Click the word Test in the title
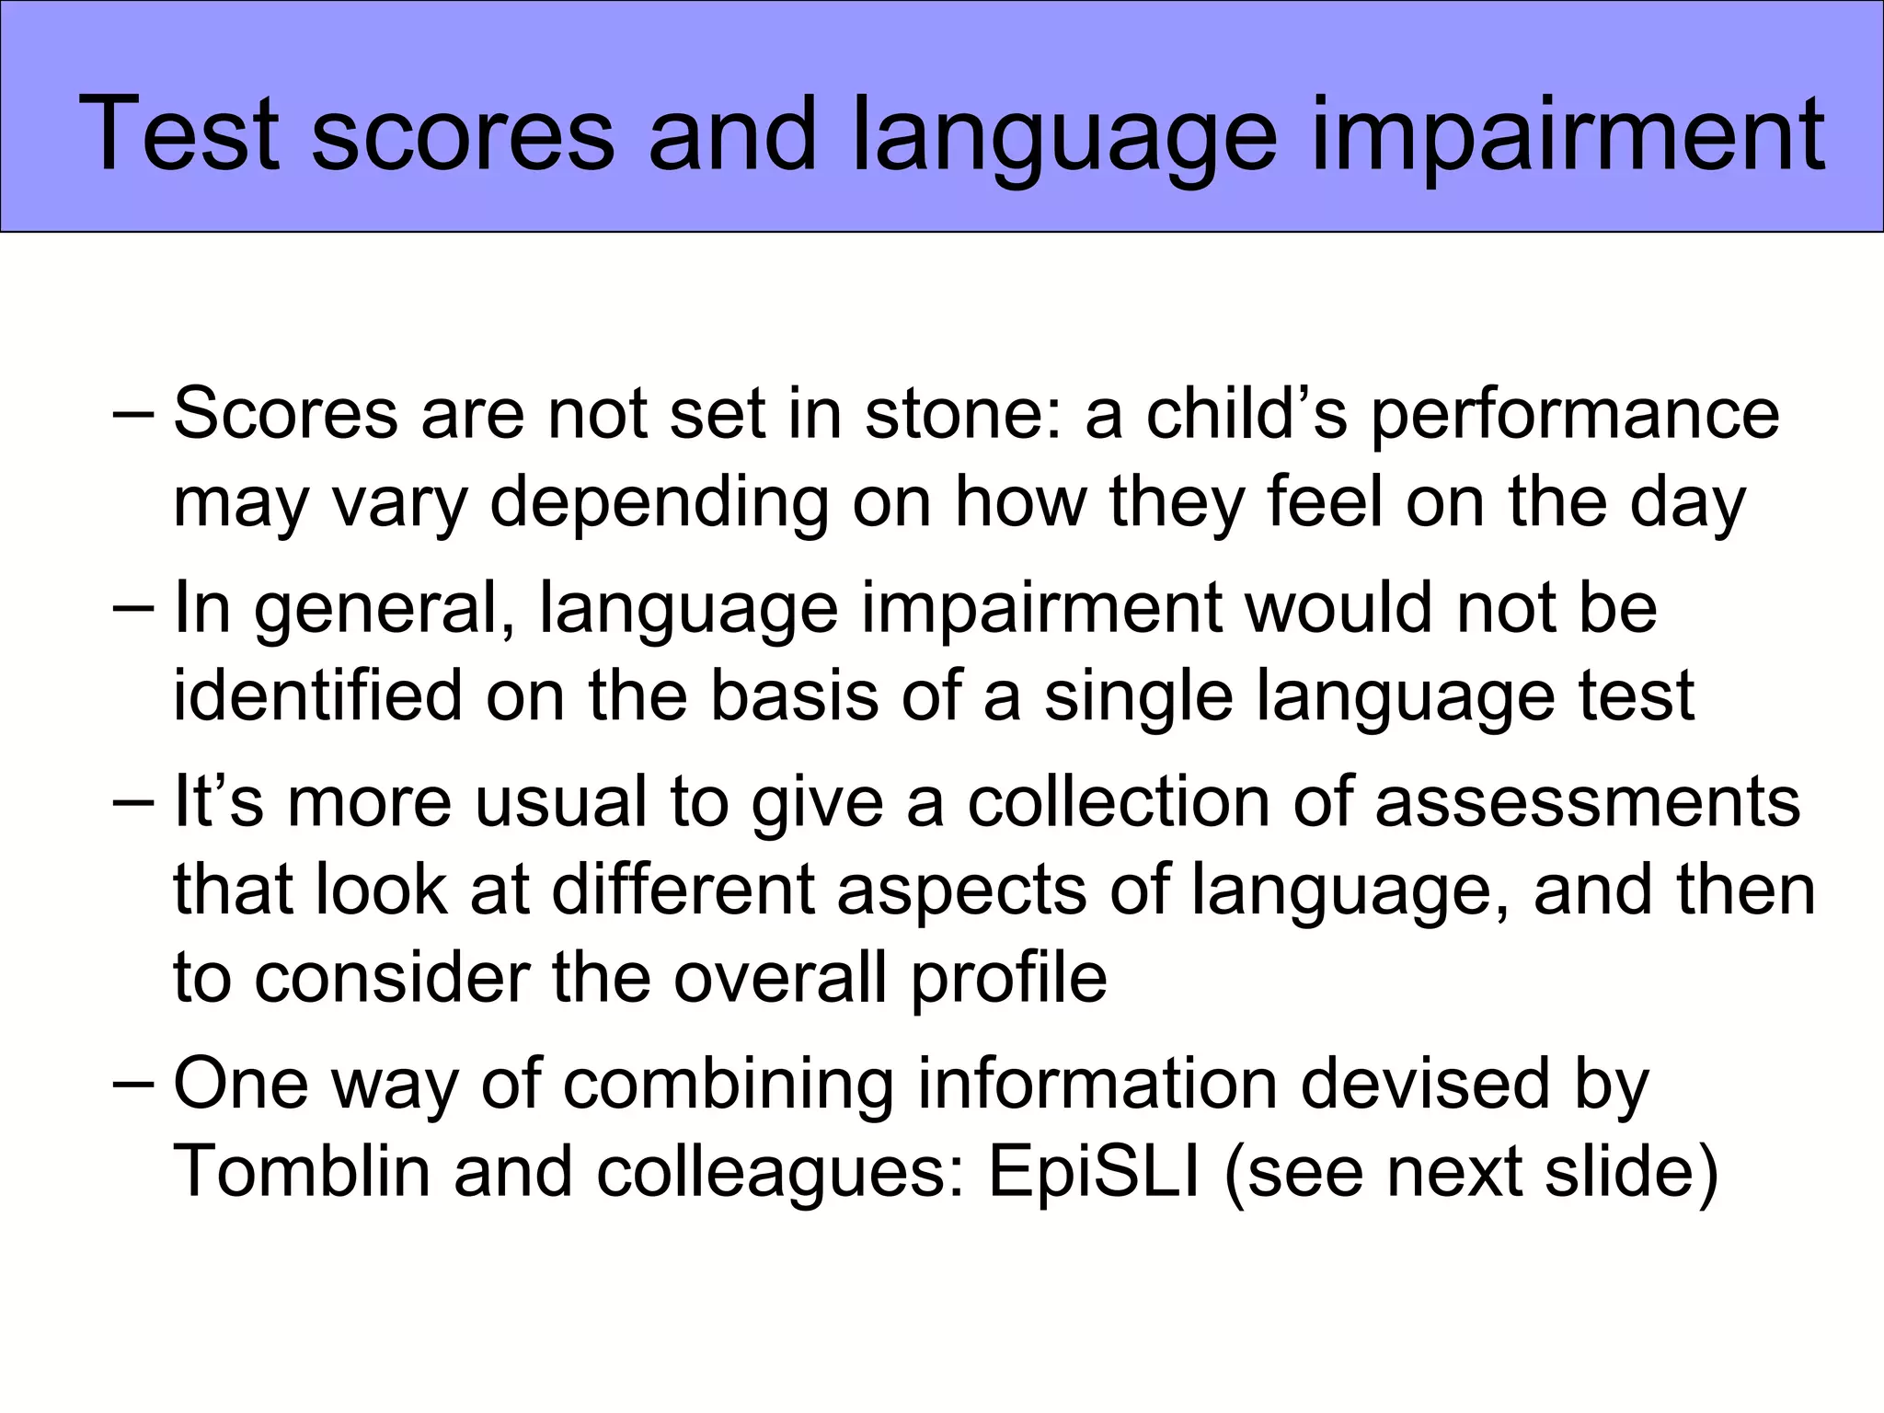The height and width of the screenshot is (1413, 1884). pos(178,134)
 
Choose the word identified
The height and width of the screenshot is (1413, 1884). pos(317,695)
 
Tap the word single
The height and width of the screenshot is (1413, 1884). pos(1137,697)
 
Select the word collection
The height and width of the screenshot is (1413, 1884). pos(1119,801)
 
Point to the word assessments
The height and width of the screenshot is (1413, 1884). pos(1587,801)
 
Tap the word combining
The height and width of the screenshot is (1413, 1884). pos(728,1086)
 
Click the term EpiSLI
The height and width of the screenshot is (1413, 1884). pos(1094,1173)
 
